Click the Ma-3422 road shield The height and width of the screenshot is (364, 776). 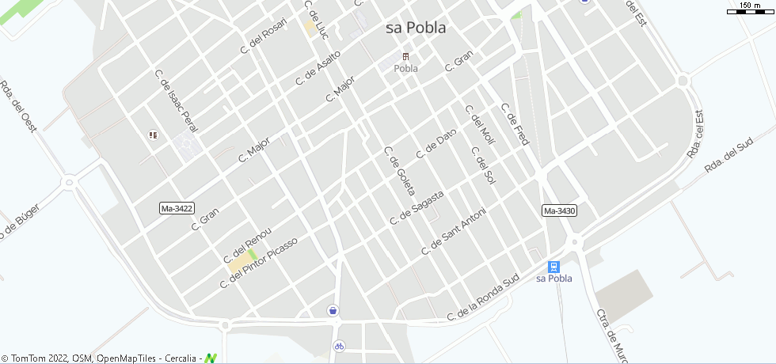(x=177, y=208)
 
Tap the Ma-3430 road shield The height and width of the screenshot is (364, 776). (x=559, y=210)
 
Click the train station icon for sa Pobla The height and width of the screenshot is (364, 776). (x=554, y=267)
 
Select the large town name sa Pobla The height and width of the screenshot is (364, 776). (x=416, y=28)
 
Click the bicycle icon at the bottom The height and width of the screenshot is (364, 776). (x=339, y=346)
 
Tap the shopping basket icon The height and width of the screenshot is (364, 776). (x=334, y=310)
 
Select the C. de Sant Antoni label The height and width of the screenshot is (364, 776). (x=453, y=231)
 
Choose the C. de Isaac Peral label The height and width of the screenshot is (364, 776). (x=178, y=100)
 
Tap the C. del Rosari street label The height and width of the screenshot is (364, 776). (x=263, y=36)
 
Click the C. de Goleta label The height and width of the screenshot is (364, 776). (x=399, y=172)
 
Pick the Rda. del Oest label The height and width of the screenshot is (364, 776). (x=18, y=106)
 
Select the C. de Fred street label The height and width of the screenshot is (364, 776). (x=514, y=124)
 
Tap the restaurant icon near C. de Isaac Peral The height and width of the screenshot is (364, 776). (x=153, y=135)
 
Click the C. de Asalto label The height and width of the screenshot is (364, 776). (x=318, y=68)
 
